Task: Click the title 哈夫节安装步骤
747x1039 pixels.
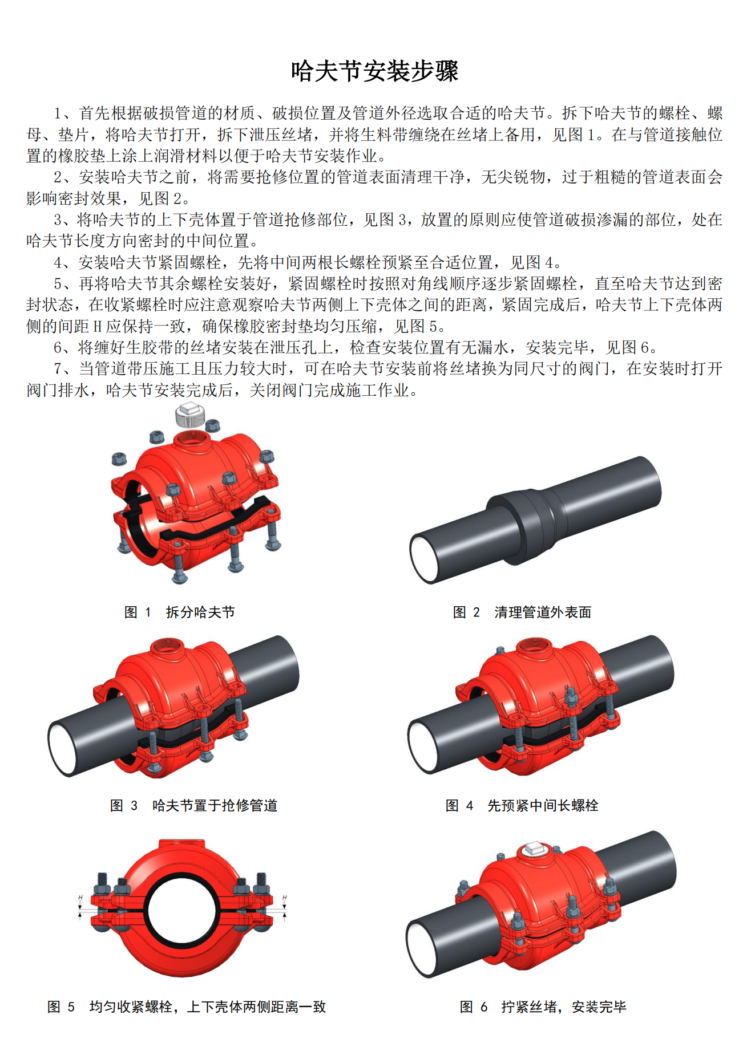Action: tap(374, 71)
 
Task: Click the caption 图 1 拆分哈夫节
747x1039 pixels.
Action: tap(179, 612)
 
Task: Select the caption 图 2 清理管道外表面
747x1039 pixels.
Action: tap(522, 612)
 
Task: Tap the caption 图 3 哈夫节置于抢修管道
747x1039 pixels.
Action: tap(193, 805)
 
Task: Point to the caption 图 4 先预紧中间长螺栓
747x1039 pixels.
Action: tap(522, 805)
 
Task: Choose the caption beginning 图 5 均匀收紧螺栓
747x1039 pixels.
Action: tap(187, 1006)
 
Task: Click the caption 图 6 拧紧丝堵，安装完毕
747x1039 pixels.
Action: tap(543, 1006)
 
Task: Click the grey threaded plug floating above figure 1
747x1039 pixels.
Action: tap(190, 415)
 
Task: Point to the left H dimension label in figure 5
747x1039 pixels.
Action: tap(80, 897)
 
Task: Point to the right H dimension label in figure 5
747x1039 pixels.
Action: tap(285, 897)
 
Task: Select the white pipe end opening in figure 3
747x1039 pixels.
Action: tap(63, 748)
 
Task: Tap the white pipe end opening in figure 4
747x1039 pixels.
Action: tap(423, 746)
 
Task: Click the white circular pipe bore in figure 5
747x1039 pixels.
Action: tap(182, 907)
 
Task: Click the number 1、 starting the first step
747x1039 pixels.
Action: tap(63, 113)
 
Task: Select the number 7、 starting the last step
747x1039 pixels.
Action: tap(63, 368)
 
